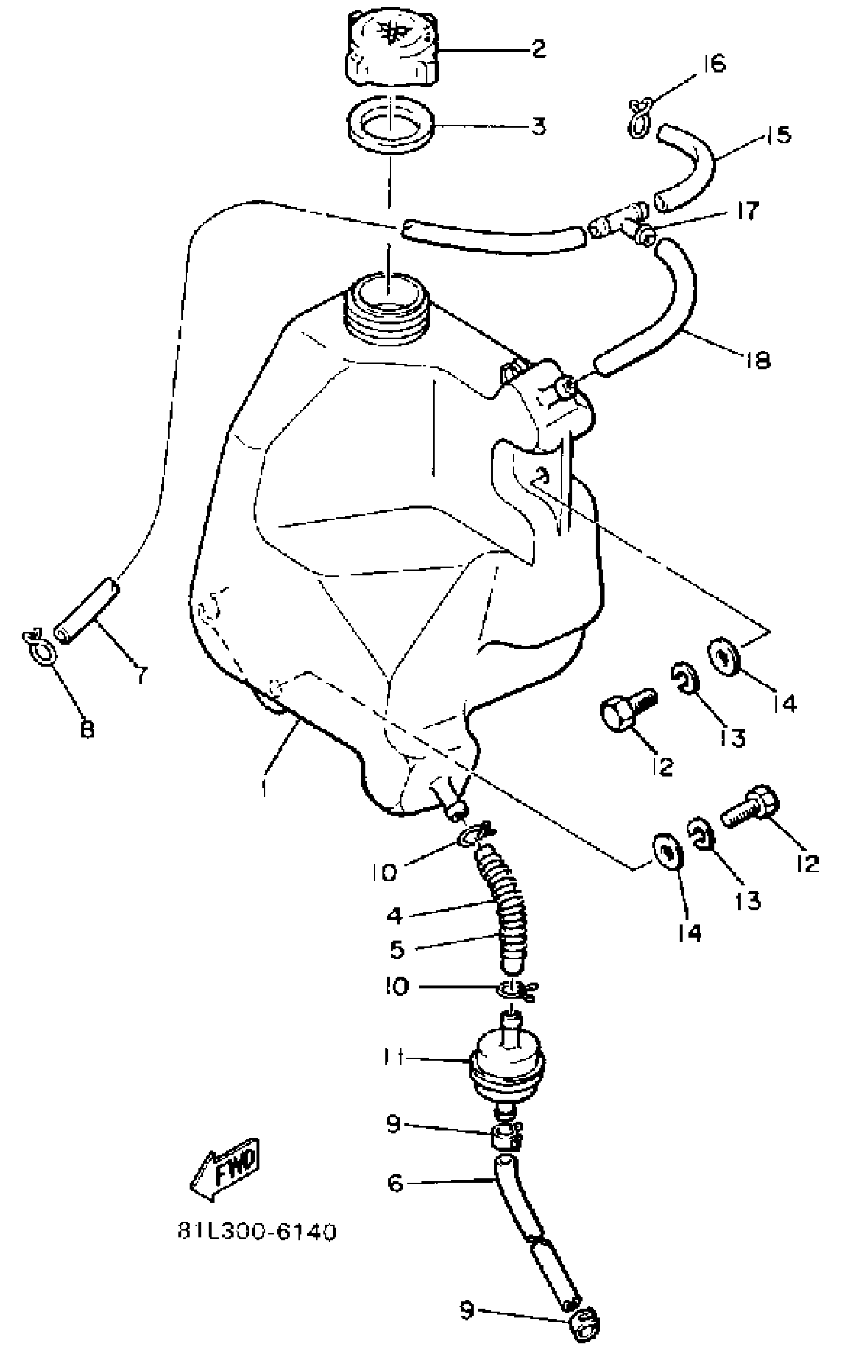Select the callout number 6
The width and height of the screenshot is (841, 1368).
(x=395, y=1184)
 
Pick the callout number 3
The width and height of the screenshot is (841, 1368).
(x=538, y=126)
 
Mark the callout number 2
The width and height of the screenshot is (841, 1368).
(x=538, y=49)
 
